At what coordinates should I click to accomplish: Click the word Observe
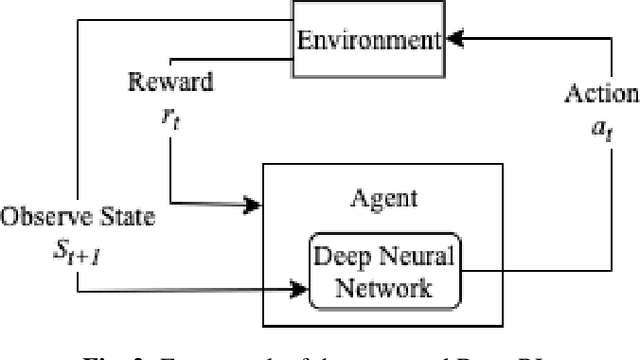(38, 216)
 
